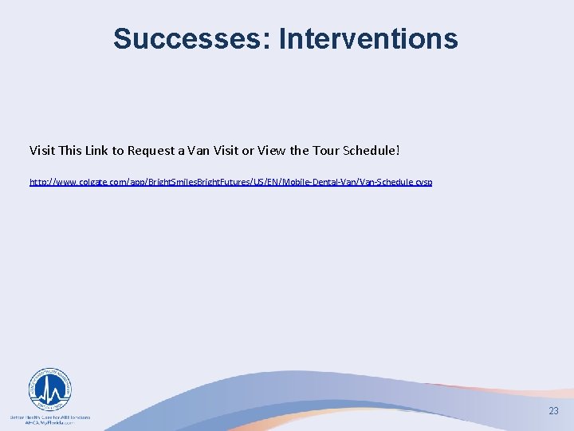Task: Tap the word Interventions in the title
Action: point(368,38)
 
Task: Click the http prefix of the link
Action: point(37,182)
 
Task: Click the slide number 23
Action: point(553,411)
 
